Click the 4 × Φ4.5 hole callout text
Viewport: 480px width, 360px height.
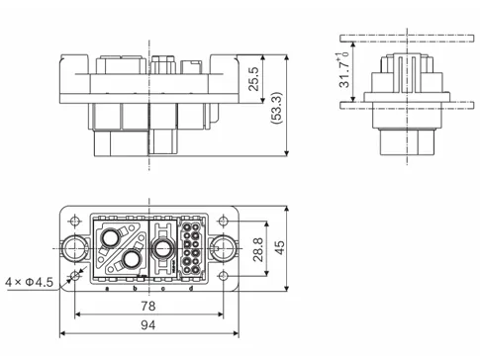[29, 283]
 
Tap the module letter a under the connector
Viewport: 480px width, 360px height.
[107, 289]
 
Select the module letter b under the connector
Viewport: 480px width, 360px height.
[136, 289]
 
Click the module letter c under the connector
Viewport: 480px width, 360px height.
[162, 289]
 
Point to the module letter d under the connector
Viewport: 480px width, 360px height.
[191, 289]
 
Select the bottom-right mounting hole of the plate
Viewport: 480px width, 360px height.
[227, 275]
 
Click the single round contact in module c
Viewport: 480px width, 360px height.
[161, 247]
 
